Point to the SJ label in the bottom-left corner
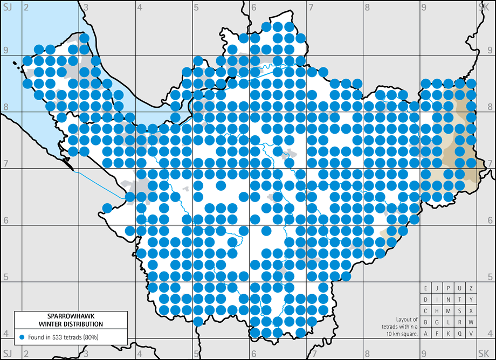7,353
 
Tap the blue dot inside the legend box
22,337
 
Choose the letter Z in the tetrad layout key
471,288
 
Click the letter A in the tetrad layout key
426,334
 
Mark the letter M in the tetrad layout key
449,311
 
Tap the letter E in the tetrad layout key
426,288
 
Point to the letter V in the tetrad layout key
471,334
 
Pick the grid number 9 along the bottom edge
424,353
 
